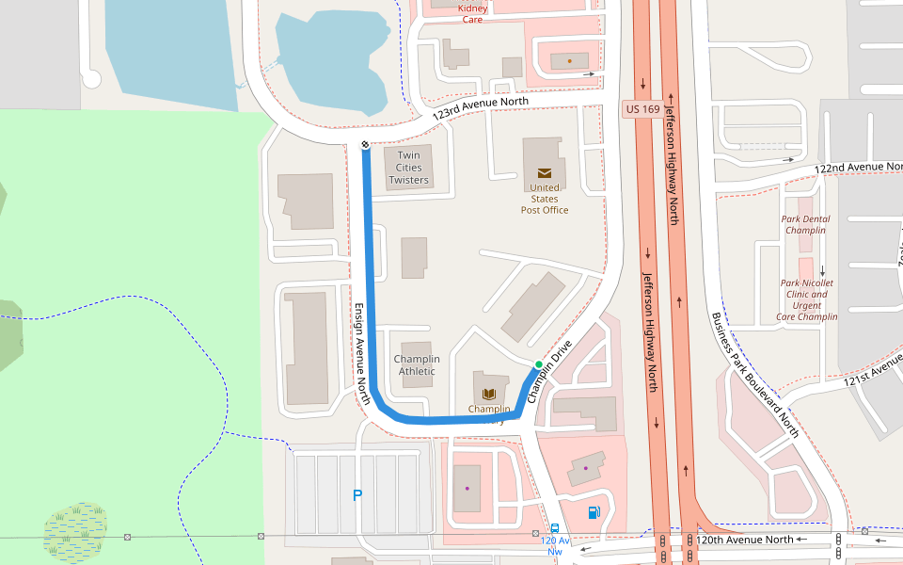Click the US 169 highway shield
pyautogui.click(x=642, y=110)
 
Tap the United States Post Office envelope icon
pyautogui.click(x=545, y=172)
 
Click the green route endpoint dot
pyautogui.click(x=538, y=364)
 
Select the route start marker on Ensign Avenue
pyautogui.click(x=365, y=144)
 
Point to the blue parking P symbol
pyautogui.click(x=357, y=495)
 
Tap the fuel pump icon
pyautogui.click(x=593, y=512)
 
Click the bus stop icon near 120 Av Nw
pyautogui.click(x=555, y=529)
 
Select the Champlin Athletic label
pyautogui.click(x=417, y=364)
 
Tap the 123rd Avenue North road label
pyautogui.click(x=481, y=106)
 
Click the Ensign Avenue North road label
pyautogui.click(x=362, y=354)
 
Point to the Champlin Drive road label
pyautogui.click(x=549, y=372)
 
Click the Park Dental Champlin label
pyautogui.click(x=805, y=224)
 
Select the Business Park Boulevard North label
pyautogui.click(x=754, y=375)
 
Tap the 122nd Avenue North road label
pyautogui.click(x=857, y=167)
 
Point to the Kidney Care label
pyautogui.click(x=472, y=13)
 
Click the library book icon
pyautogui.click(x=488, y=394)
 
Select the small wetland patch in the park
pyautogui.click(x=75, y=529)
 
